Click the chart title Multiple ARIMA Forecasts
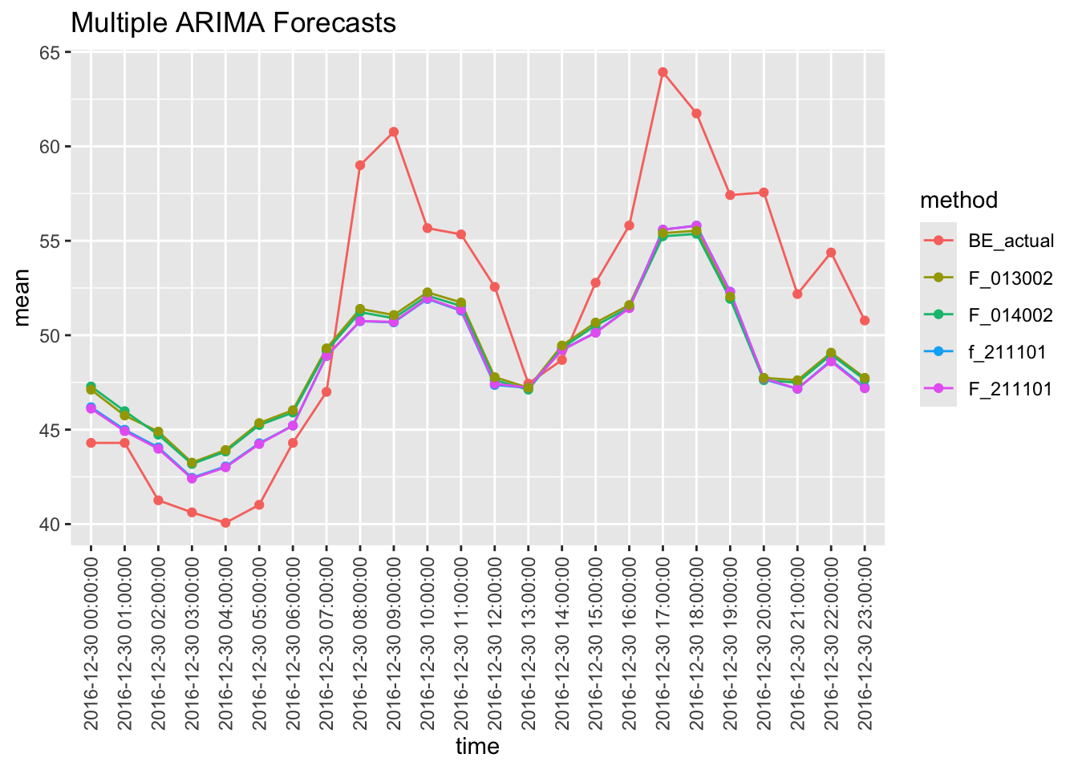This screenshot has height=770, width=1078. click(233, 22)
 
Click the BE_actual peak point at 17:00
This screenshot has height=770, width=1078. click(663, 72)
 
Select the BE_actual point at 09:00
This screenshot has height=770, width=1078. click(394, 132)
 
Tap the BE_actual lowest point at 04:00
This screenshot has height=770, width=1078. click(225, 523)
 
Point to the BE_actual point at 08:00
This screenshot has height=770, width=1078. click(360, 165)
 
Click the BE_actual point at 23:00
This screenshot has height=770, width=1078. click(865, 321)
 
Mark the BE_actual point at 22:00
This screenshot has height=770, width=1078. click(831, 253)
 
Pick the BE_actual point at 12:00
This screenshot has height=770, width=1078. click(495, 287)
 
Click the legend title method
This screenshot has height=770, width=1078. click(958, 200)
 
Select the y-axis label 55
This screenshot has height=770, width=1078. click(50, 241)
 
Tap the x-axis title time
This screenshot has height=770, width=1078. click(477, 747)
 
